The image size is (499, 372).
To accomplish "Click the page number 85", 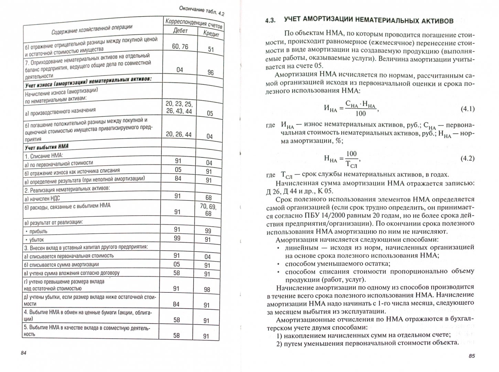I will pos(471,355).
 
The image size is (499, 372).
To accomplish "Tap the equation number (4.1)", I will pos(467,109).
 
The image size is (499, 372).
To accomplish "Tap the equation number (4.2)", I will pos(467,158).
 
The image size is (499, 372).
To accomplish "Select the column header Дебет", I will pos(180,31).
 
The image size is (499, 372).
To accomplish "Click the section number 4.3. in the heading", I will pos(271,20).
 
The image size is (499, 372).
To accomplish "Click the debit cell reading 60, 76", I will pos(180,46).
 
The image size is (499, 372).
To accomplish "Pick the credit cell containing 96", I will pos(210,72).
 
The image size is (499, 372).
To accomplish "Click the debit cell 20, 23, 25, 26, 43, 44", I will pos(179,107).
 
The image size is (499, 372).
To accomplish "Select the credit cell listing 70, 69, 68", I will pos(208,210).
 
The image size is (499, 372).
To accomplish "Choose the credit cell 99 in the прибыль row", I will pos(208,231).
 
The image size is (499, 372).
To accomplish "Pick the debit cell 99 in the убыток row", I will pos(177,238).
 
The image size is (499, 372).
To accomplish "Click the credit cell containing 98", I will pos(207,290).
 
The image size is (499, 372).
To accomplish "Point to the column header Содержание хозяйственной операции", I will pos(92,29).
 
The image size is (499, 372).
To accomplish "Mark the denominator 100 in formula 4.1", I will pos(361,114).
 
